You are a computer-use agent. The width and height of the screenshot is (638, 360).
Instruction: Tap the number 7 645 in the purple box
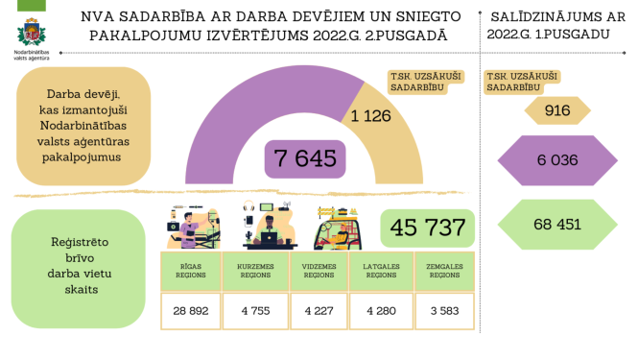(x=305, y=157)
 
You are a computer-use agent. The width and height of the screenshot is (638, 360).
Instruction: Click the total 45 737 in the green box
(x=428, y=228)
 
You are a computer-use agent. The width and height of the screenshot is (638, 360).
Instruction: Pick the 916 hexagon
(x=556, y=111)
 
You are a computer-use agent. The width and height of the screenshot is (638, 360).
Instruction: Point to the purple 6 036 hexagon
(x=558, y=159)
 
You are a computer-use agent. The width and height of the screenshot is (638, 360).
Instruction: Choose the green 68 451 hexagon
(x=556, y=224)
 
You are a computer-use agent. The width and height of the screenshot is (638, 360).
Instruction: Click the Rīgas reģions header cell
(x=189, y=272)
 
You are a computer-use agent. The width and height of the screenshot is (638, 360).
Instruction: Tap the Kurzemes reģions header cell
(x=254, y=272)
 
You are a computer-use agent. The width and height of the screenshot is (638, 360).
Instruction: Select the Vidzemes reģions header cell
(x=319, y=272)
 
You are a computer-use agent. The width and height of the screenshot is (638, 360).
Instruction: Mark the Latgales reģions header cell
(x=383, y=272)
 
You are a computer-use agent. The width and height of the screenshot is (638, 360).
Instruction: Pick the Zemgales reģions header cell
(x=446, y=272)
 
